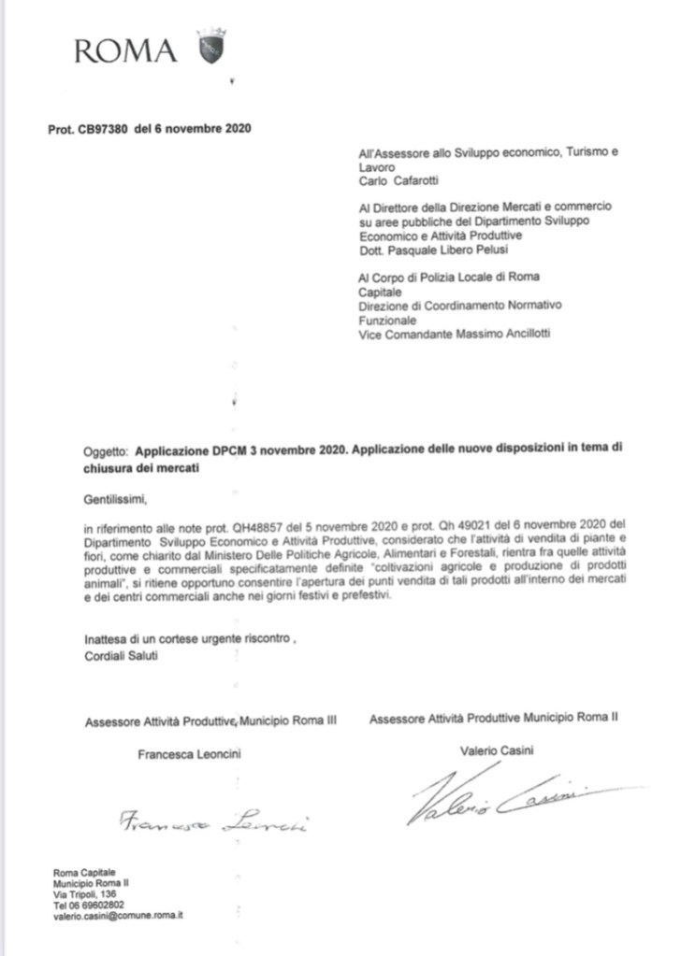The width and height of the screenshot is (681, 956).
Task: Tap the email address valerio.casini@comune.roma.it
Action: (x=118, y=917)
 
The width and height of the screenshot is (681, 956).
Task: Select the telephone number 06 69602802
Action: (x=106, y=906)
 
